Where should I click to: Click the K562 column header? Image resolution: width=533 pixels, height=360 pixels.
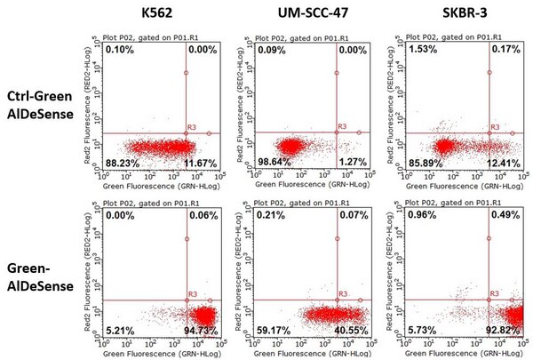pyautogui.click(x=156, y=14)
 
